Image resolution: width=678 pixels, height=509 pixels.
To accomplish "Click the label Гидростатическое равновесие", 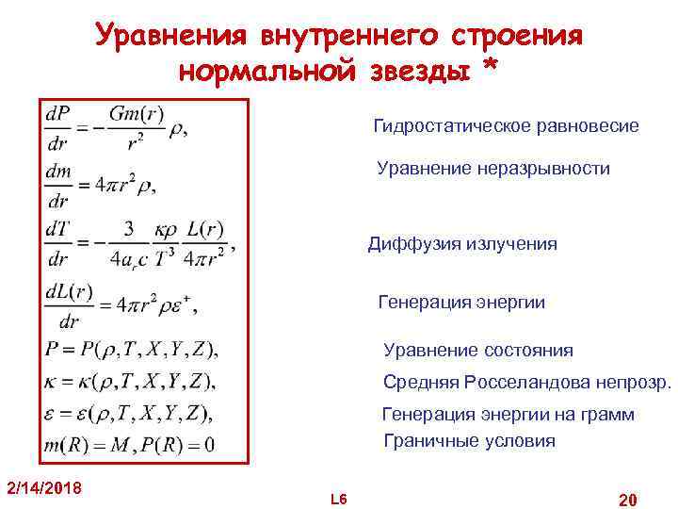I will click(x=506, y=125).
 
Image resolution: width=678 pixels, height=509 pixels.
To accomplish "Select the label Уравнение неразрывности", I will click(x=493, y=169).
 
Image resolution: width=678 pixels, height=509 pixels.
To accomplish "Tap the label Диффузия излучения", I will click(x=462, y=244).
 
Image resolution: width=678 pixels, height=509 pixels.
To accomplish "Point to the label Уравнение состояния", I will click(x=478, y=351).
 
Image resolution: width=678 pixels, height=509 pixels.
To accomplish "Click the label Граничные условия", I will click(x=470, y=441).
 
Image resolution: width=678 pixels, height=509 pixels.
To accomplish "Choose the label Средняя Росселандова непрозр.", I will click(x=527, y=383).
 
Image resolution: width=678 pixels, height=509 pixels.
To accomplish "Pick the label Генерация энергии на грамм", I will click(x=508, y=415).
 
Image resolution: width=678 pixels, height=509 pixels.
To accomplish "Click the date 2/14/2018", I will click(x=44, y=487).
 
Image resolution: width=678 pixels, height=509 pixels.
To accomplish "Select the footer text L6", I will click(x=339, y=498).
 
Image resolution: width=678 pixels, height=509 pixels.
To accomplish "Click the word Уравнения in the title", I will click(x=170, y=37).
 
